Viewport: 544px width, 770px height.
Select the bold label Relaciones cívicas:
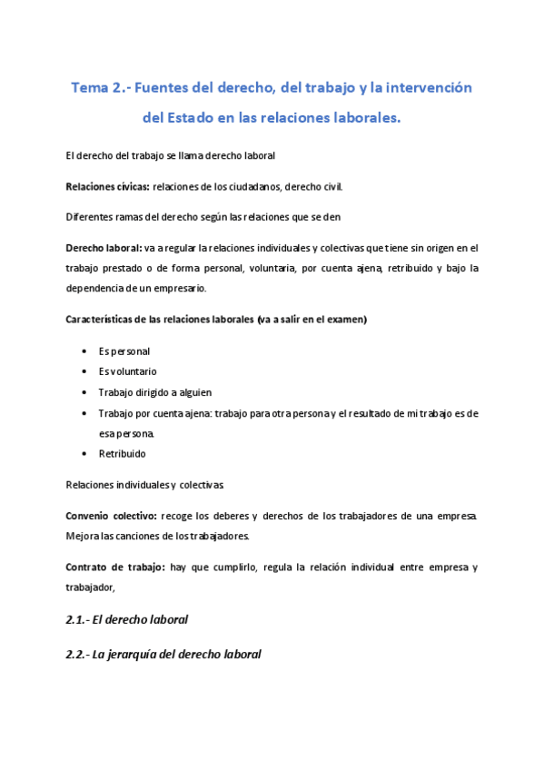[108, 186]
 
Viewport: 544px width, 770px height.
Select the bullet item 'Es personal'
[124, 350]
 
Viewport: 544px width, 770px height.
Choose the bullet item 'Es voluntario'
[128, 371]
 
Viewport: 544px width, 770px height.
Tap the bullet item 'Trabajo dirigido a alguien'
[155, 392]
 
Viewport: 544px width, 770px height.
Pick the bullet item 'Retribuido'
[123, 454]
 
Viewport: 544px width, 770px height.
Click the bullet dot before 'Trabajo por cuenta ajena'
[84, 413]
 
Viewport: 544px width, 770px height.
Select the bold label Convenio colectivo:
[105, 516]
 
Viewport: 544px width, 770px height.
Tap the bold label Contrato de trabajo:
[115, 568]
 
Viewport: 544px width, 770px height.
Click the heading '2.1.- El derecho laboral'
[127, 620]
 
